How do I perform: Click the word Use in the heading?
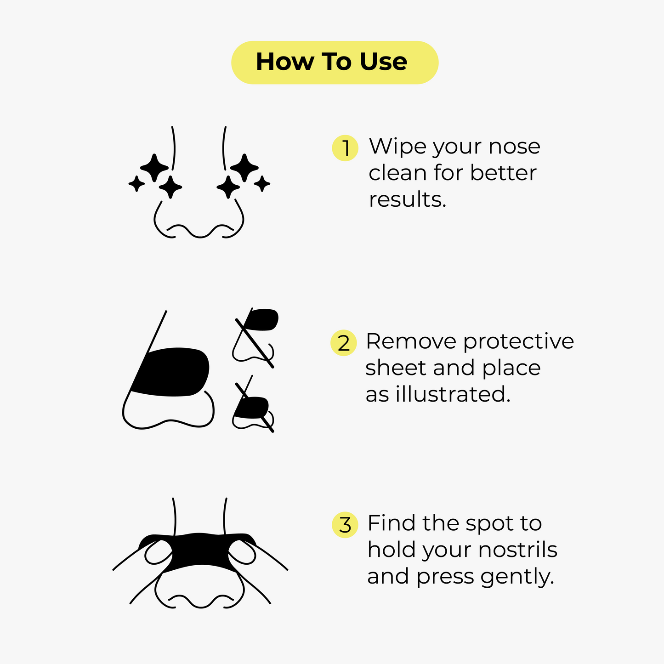(x=383, y=62)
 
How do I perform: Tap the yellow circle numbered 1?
(x=345, y=148)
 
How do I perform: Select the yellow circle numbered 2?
(x=344, y=343)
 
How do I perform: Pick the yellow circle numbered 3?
(x=345, y=525)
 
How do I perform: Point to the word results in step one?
(x=407, y=200)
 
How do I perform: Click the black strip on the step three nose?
(x=200, y=551)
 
